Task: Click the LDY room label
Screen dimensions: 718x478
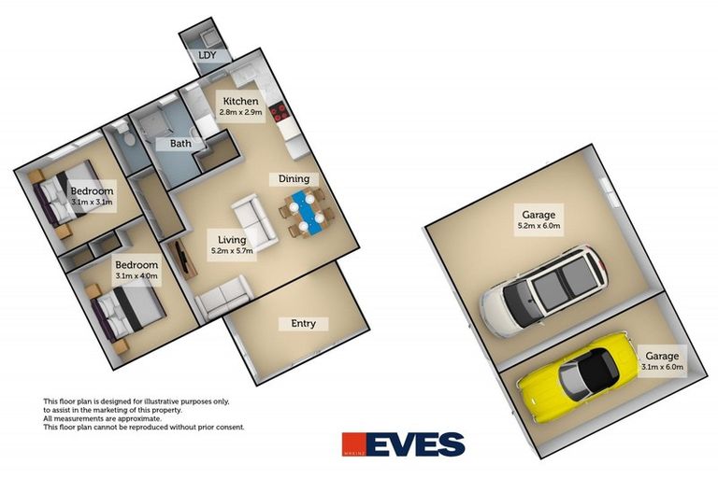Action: [x=207, y=56]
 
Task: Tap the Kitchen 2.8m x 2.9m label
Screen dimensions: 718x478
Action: [x=240, y=106]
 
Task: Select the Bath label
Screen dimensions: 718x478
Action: [x=180, y=144]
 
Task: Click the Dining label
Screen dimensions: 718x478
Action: [x=294, y=179]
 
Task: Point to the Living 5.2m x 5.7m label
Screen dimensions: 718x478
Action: [x=232, y=246]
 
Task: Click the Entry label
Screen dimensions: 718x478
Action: [x=303, y=324]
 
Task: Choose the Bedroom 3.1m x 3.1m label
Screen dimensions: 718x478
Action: [x=92, y=196]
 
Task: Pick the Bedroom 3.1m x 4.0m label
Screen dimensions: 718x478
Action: [x=136, y=270]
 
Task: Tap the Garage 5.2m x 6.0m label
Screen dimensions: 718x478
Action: [x=538, y=219]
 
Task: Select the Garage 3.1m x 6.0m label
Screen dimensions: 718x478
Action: [x=662, y=361]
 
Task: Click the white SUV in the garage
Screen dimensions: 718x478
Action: [x=543, y=290]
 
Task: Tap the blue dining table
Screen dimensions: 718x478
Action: [x=306, y=213]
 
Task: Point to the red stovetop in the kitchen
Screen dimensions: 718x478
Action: [x=279, y=113]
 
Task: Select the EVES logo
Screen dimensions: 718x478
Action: [x=404, y=444]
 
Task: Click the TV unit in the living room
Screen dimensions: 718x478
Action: [x=182, y=259]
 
